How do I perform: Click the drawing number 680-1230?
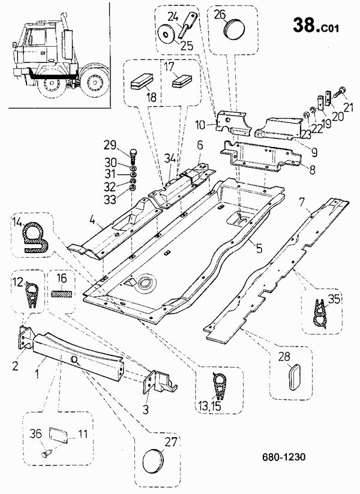tap(284, 457)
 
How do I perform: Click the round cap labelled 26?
tap(233, 28)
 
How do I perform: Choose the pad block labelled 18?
tap(142, 82)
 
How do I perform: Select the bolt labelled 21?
tap(340, 92)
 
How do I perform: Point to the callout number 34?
tap(171, 157)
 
